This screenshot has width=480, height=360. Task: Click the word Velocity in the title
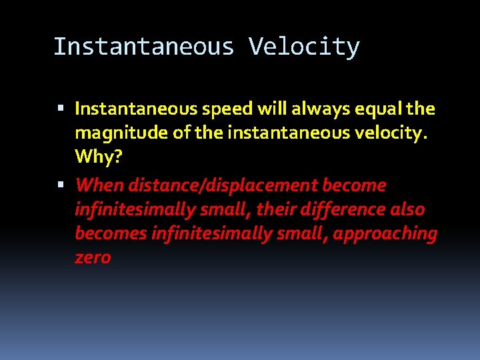click(x=304, y=47)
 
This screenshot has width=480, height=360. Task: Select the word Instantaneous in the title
click(x=144, y=47)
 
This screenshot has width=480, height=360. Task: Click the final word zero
click(x=93, y=258)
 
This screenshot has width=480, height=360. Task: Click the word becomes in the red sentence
click(x=111, y=234)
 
